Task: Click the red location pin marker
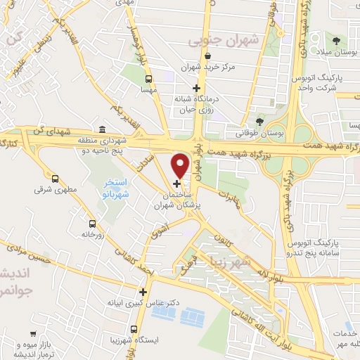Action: [180, 165]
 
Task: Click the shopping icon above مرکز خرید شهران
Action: [207, 56]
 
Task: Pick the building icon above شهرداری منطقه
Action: [103, 130]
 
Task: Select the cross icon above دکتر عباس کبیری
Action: [143, 291]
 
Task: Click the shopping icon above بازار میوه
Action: [33, 335]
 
